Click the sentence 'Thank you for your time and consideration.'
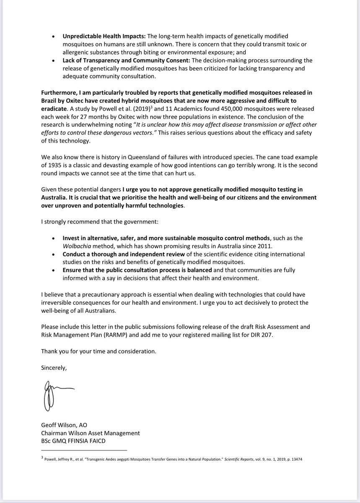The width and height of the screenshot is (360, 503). coord(98,351)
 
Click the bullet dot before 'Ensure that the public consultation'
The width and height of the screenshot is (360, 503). coord(52,270)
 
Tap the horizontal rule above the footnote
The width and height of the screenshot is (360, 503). coord(83,450)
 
